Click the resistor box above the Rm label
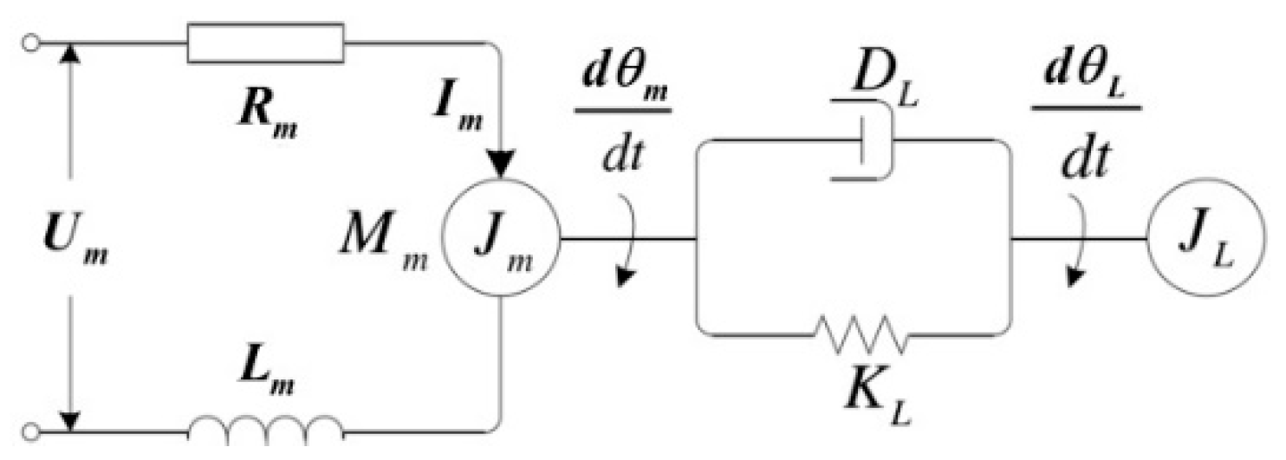(x=265, y=42)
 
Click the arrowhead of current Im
(x=500, y=162)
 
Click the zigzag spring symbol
(x=860, y=334)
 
